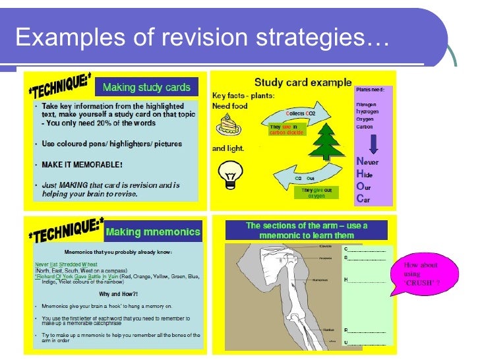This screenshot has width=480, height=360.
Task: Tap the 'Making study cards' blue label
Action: coord(146,87)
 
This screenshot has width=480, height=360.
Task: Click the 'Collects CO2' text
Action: coord(301,113)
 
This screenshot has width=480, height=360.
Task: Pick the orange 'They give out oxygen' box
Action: coord(314,193)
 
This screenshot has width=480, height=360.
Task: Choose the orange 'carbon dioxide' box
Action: coord(286,130)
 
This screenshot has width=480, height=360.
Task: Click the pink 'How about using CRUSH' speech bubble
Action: coord(421,275)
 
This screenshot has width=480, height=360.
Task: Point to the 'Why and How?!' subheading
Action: coord(118,294)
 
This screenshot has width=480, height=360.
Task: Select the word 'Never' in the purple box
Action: coord(367,162)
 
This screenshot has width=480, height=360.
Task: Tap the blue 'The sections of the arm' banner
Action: coord(307,230)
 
